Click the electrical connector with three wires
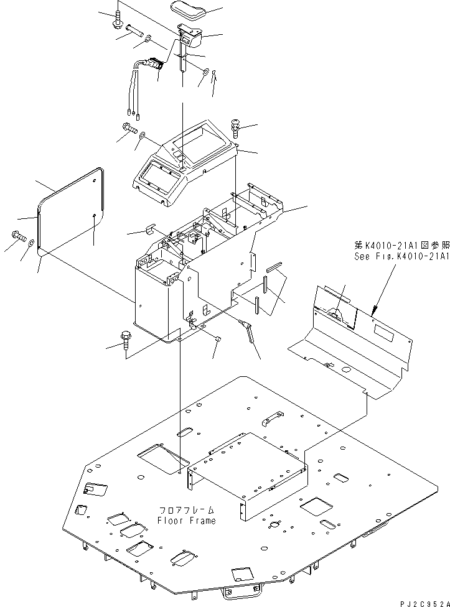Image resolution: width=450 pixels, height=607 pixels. (x=156, y=63)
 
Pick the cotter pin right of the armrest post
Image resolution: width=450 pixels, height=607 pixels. (x=213, y=75)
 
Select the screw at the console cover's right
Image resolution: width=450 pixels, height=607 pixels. (x=236, y=127)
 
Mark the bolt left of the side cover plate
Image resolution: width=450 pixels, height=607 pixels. (x=17, y=236)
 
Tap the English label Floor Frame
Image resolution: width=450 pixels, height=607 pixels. (x=186, y=521)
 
